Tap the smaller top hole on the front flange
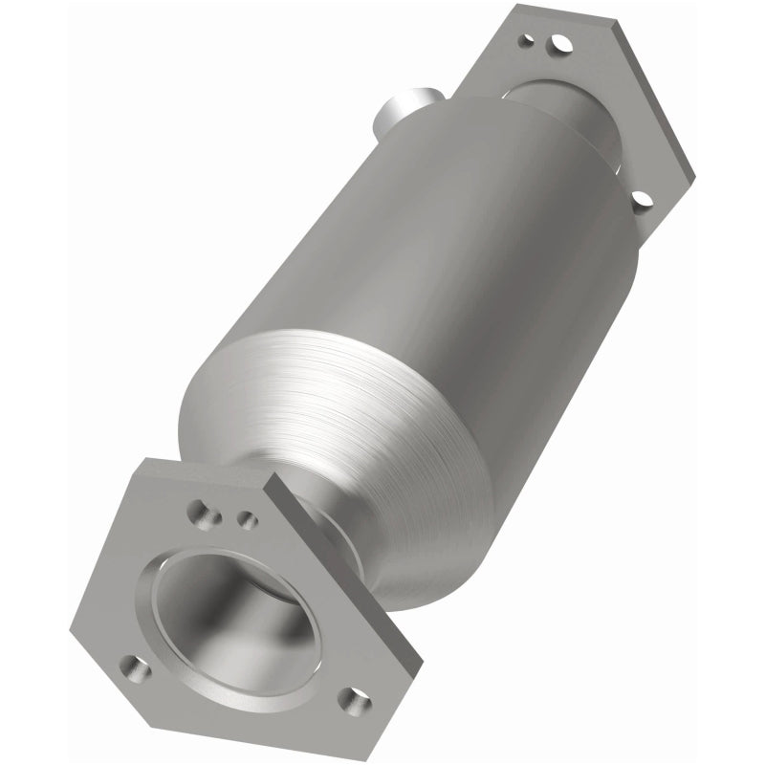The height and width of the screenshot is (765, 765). pos(246,520)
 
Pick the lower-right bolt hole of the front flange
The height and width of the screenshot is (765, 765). pos(356,703)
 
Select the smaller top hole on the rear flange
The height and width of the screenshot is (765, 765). pos(524,40)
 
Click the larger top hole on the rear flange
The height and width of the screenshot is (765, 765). pos(560,44)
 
